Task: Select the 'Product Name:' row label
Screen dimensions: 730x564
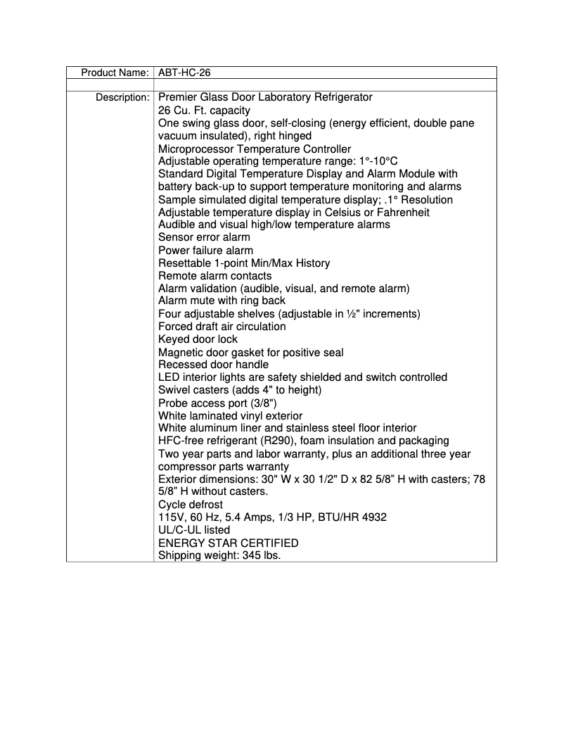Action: pos(115,73)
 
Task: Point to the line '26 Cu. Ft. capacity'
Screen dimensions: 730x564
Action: pos(204,111)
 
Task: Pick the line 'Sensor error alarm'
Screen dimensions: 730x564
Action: pos(204,237)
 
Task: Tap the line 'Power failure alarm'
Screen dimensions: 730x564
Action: pos(205,251)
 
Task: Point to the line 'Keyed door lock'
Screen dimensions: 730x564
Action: pos(198,339)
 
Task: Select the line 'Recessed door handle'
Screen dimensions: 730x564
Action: pos(213,365)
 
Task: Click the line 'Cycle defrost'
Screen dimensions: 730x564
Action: pos(191,505)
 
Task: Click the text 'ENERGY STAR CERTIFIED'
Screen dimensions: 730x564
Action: pos(228,543)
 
